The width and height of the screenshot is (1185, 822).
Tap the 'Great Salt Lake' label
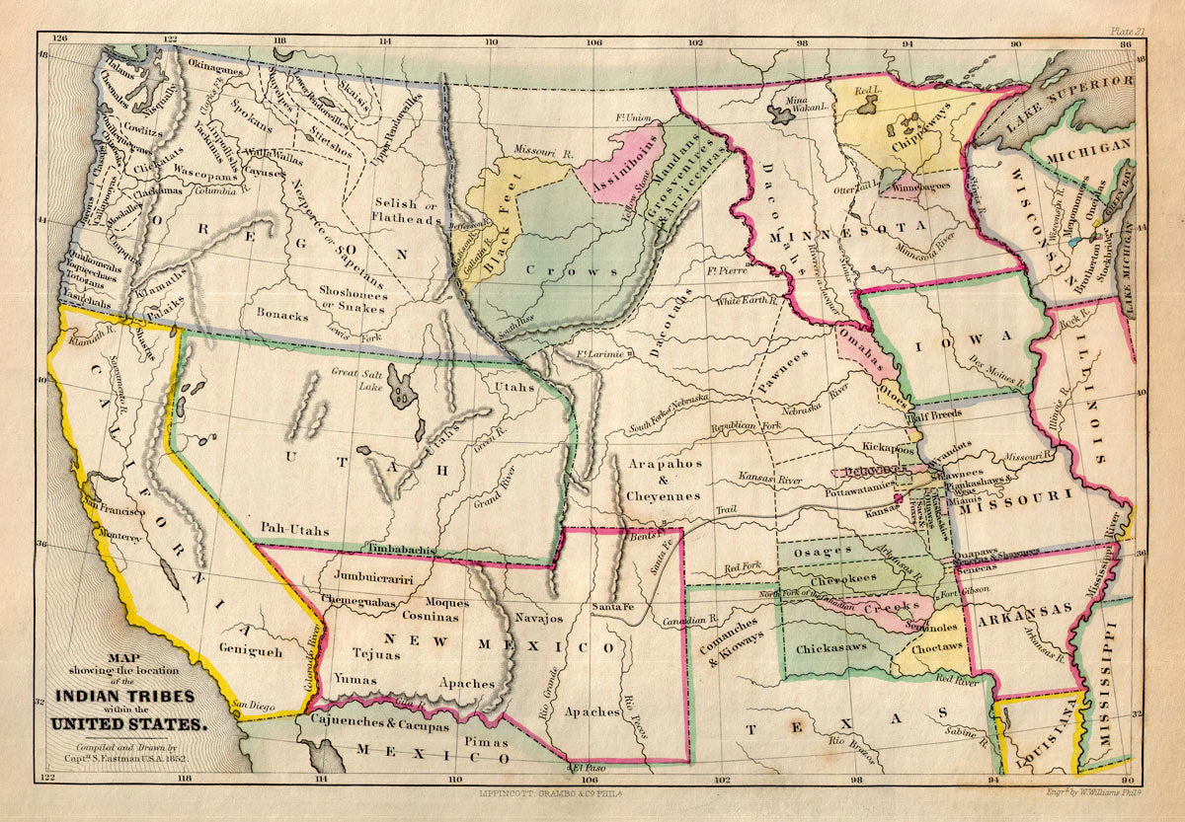(x=359, y=379)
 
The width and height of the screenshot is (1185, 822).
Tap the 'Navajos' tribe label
(x=538, y=618)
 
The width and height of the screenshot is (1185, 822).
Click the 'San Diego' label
(x=255, y=705)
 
